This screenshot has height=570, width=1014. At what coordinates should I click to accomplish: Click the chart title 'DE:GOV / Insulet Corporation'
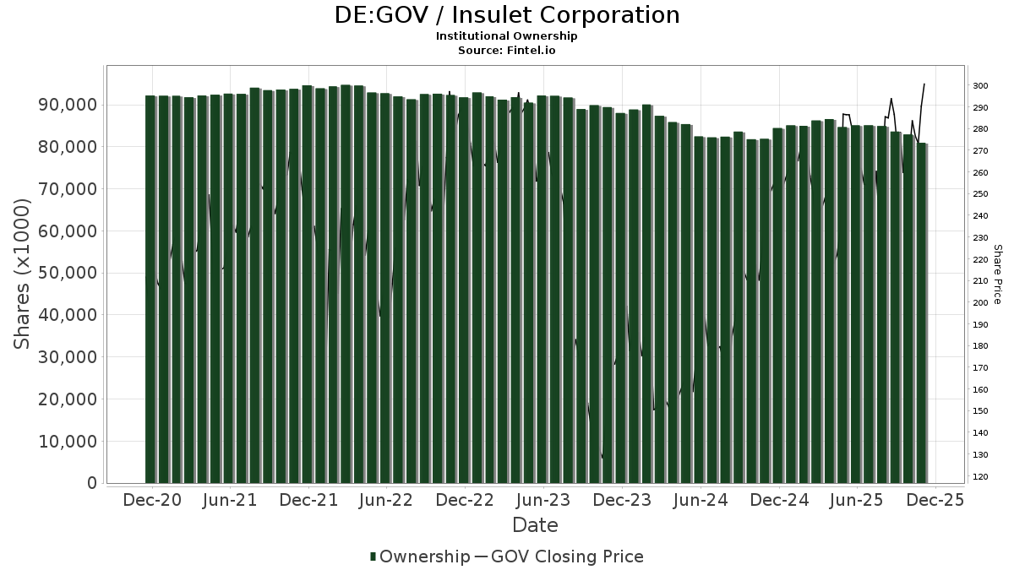pos(506,15)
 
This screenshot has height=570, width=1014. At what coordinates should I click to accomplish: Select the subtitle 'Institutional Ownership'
pos(506,36)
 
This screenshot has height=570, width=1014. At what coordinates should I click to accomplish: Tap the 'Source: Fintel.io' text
pos(506,51)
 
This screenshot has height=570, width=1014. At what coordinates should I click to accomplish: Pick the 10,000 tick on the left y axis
pos(69,441)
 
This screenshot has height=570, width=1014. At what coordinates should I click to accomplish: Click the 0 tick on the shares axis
pos(91,483)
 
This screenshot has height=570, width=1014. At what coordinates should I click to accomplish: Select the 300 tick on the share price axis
pos(980,86)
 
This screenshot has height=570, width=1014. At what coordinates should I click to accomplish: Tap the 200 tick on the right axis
pos(980,303)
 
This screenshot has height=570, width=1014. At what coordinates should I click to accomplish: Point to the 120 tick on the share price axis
pos(980,477)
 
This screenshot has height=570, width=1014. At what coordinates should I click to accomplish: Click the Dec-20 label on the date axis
pos(153,500)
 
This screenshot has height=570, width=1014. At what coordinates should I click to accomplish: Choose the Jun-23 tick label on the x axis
pos(542,500)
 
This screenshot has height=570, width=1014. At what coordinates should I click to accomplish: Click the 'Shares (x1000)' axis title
pos(23,274)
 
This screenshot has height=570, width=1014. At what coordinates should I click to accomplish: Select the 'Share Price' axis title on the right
pos(998,274)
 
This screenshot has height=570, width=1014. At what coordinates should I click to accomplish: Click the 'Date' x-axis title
pos(535,525)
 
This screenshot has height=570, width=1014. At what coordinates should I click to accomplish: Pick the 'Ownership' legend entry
pos(419,556)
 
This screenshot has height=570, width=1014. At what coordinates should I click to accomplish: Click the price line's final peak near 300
pos(924,84)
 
